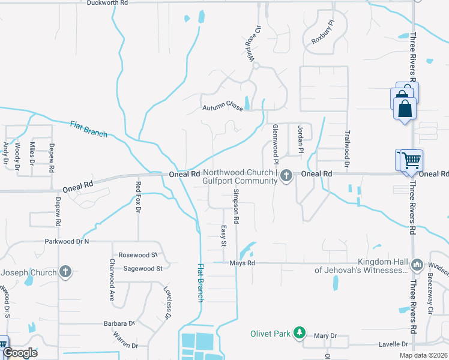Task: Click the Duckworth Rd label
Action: tap(107, 3)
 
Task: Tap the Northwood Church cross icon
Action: tap(286, 175)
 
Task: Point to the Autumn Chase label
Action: tap(222, 108)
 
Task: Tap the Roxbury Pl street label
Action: tap(322, 34)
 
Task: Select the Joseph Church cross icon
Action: tap(65, 272)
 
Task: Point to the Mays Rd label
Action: tap(243, 263)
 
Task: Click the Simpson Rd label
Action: tap(237, 206)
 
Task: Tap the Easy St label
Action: tap(222, 235)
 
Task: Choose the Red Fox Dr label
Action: tap(138, 197)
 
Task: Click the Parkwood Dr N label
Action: tap(67, 241)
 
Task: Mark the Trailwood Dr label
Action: tap(347, 147)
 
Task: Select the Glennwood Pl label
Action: tap(276, 144)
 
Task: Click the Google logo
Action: tap(20, 352)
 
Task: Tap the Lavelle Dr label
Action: tap(394, 344)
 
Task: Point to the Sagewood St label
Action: tap(143, 269)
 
